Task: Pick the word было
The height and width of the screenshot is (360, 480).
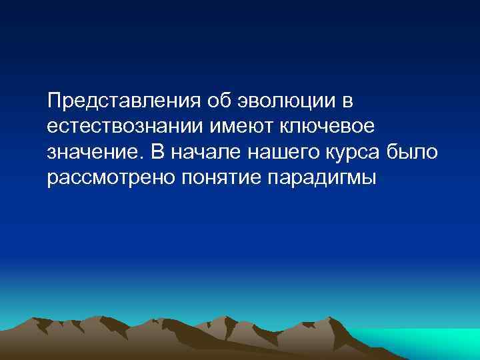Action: click(413, 151)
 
